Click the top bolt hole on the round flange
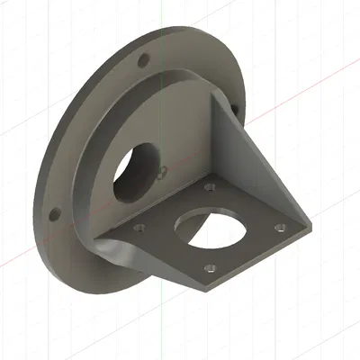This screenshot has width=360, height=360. [x=143, y=63]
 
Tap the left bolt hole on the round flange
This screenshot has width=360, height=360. [x=54, y=215]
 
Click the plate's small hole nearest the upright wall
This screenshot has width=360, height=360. [x=209, y=188]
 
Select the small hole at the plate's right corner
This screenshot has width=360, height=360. [x=279, y=227]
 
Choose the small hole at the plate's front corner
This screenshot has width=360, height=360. [x=210, y=266]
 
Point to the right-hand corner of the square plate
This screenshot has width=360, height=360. [x=302, y=225]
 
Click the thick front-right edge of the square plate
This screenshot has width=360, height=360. [x=261, y=261]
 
